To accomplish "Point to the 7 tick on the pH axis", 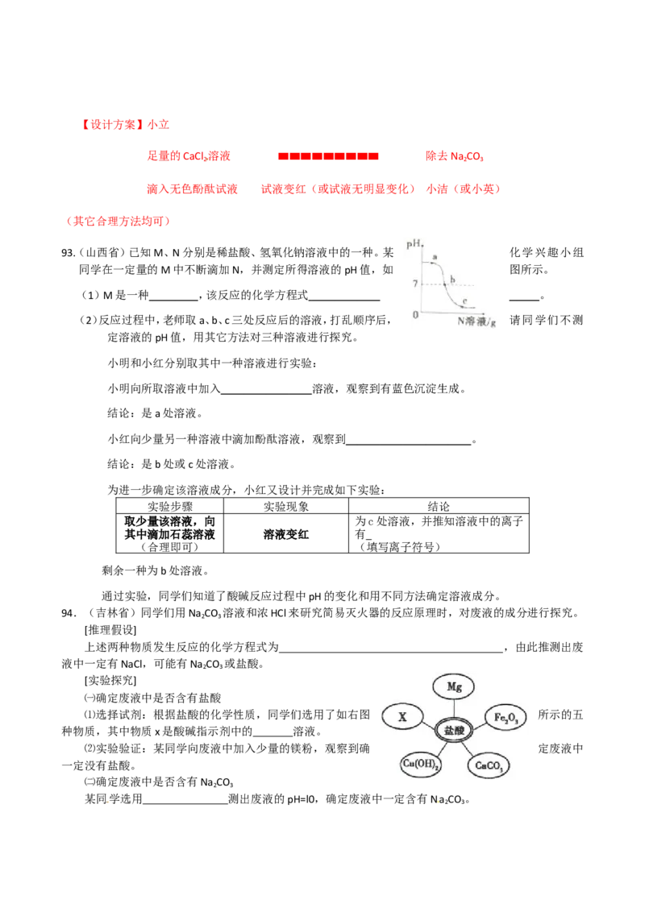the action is coord(414,284).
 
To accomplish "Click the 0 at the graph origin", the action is coord(415,314).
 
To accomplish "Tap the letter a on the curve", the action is coord(435,257).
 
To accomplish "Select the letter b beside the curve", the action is coord(453,280).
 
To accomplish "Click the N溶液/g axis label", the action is coord(476,321).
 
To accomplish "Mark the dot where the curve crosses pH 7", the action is coord(444,284).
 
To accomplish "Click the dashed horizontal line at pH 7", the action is coord(464,284).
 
